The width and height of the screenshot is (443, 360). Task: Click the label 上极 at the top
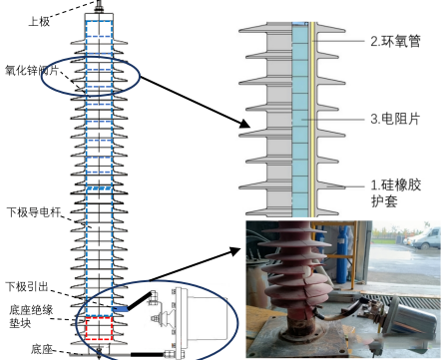39,22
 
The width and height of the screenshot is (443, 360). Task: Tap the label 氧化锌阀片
32,71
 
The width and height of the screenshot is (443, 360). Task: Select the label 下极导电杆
34,212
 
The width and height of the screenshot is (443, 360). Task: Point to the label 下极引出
27,286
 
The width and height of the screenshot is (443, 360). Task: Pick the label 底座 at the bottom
42,349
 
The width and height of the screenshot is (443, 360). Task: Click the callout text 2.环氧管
395,41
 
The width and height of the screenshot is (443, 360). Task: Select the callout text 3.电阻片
395,119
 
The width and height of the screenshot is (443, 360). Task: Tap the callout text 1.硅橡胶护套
396,193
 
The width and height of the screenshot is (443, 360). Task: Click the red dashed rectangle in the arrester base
99,328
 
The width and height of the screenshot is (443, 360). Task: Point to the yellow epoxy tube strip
312,120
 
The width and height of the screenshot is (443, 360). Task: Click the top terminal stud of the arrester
99,6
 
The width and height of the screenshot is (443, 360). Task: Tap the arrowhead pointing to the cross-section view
245,124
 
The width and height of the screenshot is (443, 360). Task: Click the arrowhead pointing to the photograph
235,251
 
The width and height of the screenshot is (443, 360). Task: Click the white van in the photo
427,238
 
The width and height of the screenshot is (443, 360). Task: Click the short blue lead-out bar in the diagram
120,309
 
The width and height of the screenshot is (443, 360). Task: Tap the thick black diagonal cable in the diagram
139,301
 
